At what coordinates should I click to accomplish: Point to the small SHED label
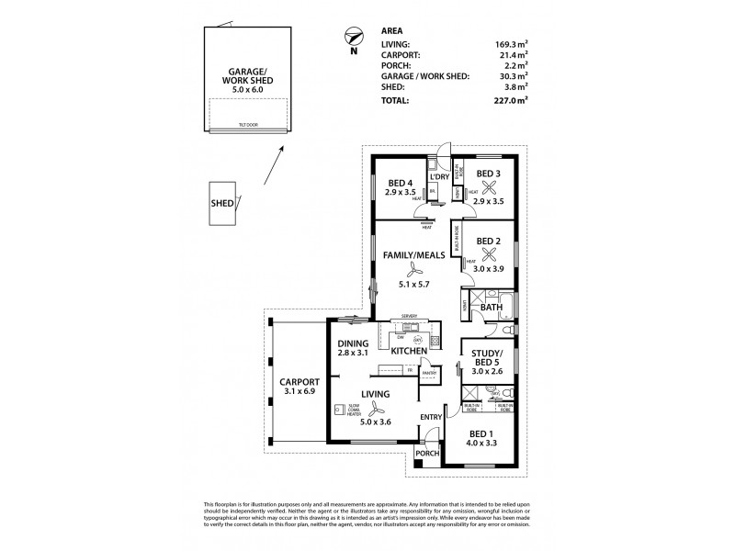[x=221, y=205]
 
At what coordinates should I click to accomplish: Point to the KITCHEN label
[x=407, y=352]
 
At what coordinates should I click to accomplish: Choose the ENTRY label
[x=431, y=417]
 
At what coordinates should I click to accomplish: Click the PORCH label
[x=427, y=454]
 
